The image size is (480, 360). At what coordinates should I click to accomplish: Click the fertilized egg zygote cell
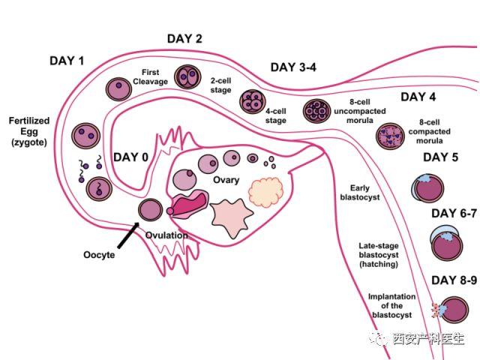point(85,136)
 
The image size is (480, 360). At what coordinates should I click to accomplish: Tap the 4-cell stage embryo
point(251,100)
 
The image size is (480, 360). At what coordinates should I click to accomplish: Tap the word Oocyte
point(99,254)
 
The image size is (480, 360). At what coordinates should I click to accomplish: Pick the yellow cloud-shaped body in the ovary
point(266,192)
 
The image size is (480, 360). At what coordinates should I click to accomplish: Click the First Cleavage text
point(150,77)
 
